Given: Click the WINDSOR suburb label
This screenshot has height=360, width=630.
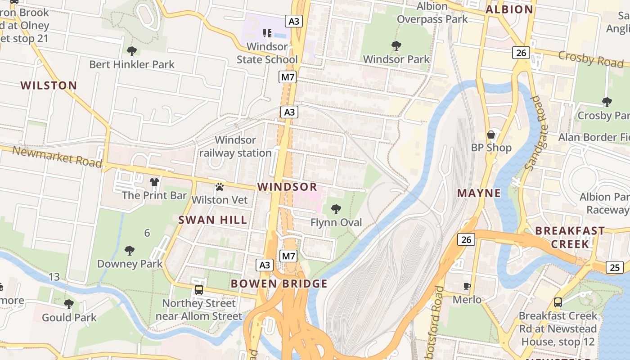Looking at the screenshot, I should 287,187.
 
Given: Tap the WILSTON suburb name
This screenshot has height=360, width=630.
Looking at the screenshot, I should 49,85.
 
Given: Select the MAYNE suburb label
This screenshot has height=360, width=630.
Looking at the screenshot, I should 479,193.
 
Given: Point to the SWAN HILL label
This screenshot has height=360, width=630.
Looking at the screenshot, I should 213,220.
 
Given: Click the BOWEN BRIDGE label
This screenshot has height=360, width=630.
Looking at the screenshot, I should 279,283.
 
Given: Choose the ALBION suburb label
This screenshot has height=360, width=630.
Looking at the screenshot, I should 509,9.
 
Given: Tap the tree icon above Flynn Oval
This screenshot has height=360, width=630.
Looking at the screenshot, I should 336,209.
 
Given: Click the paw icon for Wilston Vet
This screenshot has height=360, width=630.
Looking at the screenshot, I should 220,186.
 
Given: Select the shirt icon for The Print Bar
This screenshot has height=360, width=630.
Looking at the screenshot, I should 154,182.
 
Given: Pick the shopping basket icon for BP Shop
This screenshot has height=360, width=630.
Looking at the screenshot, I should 491,135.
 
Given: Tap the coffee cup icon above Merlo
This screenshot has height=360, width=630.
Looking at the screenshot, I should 467,286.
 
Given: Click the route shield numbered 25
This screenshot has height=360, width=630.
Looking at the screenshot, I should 615,268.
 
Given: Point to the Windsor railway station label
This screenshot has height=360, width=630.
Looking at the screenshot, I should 235,147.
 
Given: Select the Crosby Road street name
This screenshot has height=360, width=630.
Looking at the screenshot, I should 590,59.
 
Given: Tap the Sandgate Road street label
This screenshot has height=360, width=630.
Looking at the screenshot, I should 535,133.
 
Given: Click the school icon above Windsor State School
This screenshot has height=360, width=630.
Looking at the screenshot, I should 267,33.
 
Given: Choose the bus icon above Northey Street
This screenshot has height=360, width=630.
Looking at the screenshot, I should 199,290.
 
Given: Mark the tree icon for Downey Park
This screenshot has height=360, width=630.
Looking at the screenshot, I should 130,250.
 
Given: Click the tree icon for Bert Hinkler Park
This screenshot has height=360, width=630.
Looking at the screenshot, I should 132,51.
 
